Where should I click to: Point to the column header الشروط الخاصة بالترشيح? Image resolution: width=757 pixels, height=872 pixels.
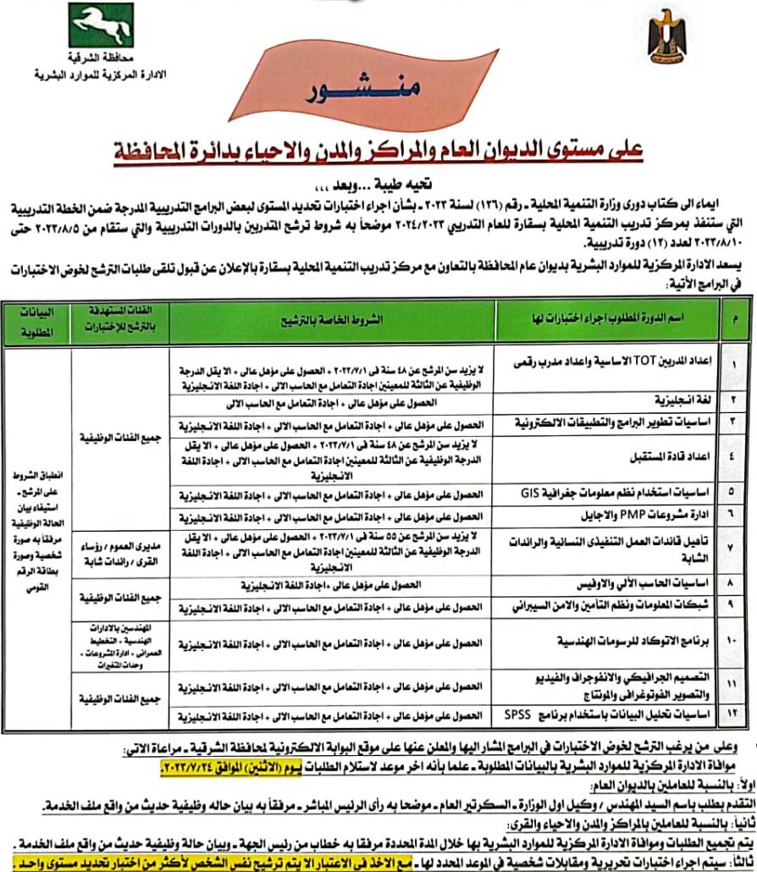[332, 321]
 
